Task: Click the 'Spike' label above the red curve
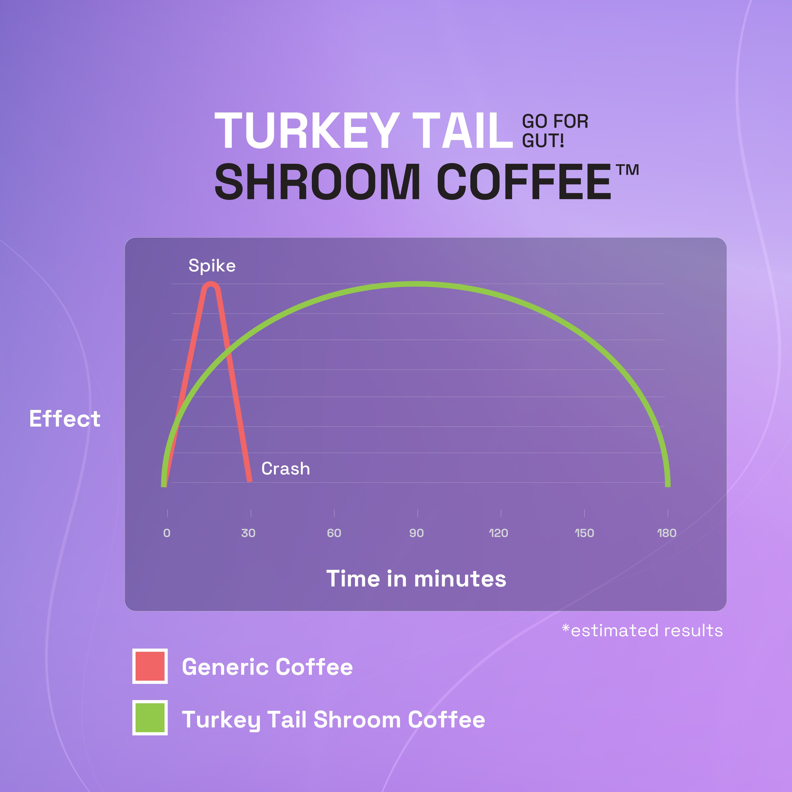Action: click(212, 266)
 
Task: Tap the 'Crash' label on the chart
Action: click(286, 469)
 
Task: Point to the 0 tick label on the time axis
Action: click(167, 533)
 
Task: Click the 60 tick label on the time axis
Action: click(334, 533)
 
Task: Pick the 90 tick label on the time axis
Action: click(417, 533)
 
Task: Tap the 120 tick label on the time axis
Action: click(498, 533)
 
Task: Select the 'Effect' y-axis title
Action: click(65, 419)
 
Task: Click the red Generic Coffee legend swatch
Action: click(150, 666)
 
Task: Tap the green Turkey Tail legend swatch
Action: click(150, 718)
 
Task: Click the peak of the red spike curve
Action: click(211, 284)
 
